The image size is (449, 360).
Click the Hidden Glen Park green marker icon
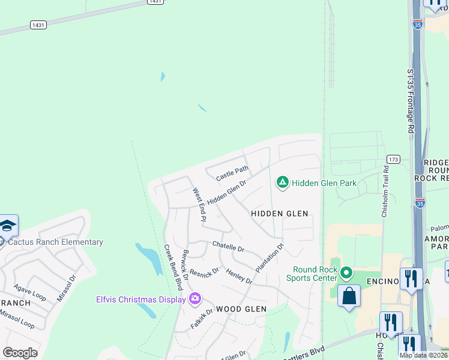[283, 182]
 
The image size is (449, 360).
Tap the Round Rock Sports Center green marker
[346, 274]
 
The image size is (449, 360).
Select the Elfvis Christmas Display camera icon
[194, 298]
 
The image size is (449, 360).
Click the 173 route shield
[393, 159]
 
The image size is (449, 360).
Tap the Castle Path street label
[232, 174]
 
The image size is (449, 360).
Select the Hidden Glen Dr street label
[227, 192]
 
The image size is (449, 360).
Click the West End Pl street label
[199, 205]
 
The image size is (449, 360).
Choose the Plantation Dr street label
[269, 259]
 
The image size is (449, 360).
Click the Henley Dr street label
[239, 277]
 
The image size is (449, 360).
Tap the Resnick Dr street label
[204, 273]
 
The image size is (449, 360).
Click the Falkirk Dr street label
[202, 319]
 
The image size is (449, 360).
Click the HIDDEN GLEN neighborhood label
[279, 214]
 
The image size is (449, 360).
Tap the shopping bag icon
[349, 296]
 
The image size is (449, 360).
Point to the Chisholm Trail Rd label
[385, 192]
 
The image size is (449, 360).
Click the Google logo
[20, 353]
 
